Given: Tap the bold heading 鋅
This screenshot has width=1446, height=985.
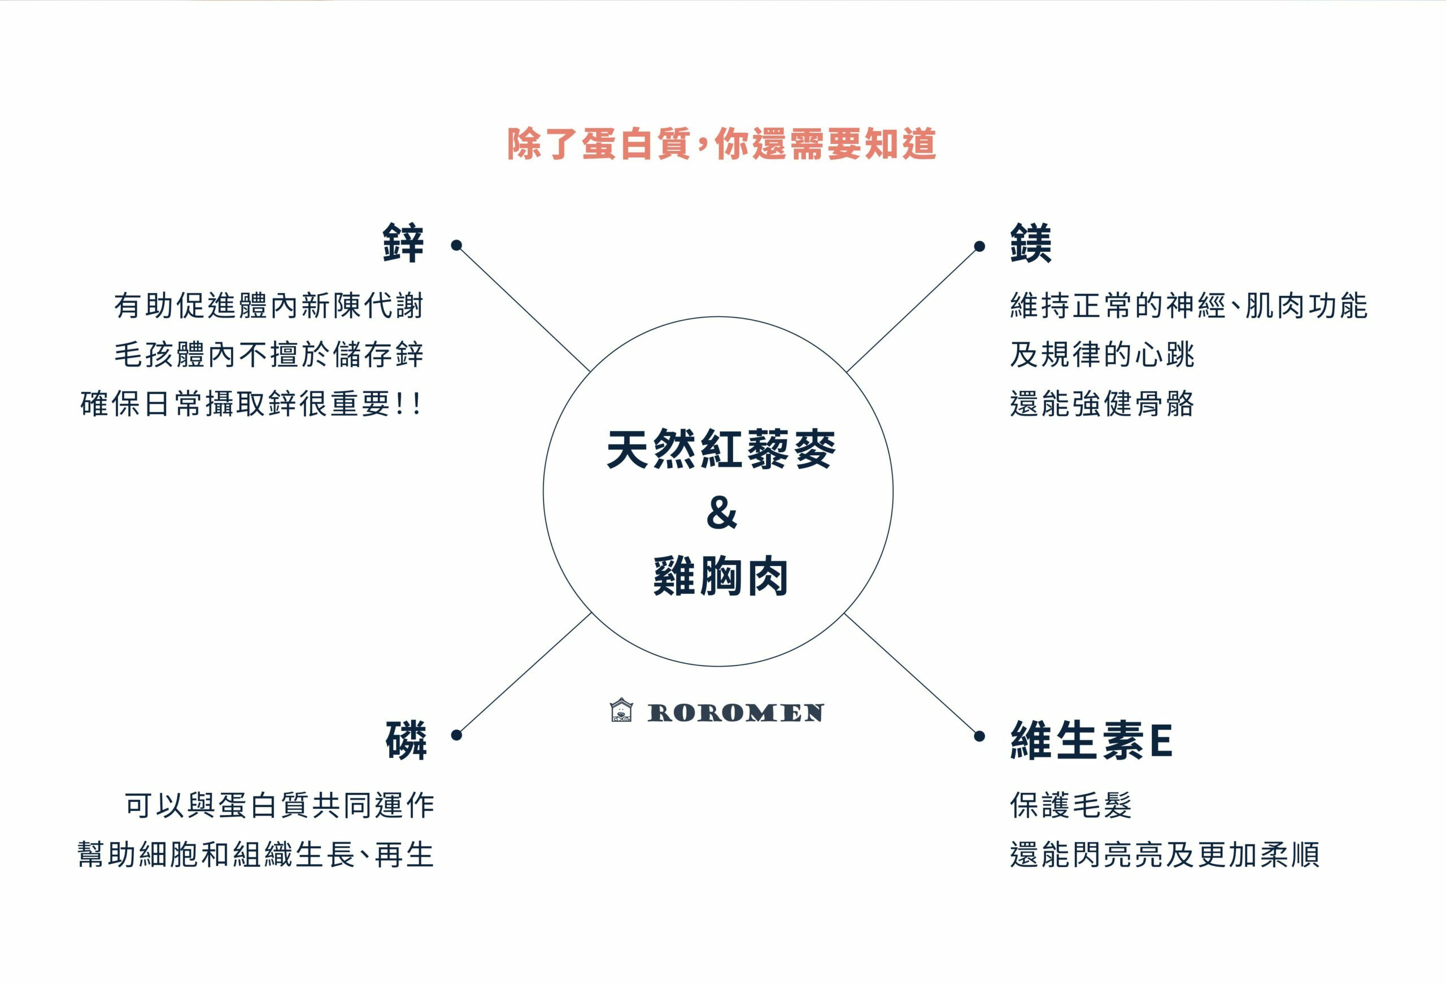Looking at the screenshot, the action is point(403,243).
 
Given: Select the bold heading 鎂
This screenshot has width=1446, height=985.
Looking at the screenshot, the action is point(1030,243).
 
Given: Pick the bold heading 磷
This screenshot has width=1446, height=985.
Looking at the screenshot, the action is point(406,740).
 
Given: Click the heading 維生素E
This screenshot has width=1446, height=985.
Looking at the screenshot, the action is point(1091,740).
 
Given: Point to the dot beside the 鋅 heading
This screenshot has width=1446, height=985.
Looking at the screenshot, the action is point(456,245).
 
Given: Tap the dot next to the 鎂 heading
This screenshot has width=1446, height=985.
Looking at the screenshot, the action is point(979,246).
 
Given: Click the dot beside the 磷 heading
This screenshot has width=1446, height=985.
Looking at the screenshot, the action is point(456,735).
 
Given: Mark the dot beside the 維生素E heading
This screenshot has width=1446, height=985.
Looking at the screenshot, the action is point(979,736).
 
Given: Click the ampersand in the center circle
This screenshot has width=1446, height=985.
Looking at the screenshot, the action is point(721,513).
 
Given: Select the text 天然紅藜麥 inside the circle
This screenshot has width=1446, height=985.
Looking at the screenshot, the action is point(721,449).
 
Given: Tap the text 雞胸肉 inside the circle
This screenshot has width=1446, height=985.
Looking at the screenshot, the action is point(721,576).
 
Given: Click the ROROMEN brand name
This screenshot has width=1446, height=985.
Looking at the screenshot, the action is point(735,713).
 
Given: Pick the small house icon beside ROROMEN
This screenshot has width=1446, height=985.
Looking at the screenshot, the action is point(621,710).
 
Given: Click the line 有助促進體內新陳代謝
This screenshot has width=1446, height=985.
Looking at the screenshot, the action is point(269,306).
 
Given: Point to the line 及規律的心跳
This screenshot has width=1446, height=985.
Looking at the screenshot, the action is point(1102,355).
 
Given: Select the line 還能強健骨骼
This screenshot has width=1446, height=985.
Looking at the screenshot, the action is point(1102,404).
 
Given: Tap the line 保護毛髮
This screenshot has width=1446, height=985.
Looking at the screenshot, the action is point(1071,805).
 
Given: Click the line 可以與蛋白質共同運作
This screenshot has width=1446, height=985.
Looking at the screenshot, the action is point(280,805).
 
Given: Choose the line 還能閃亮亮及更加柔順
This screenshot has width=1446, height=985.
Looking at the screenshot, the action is point(1164,855).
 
